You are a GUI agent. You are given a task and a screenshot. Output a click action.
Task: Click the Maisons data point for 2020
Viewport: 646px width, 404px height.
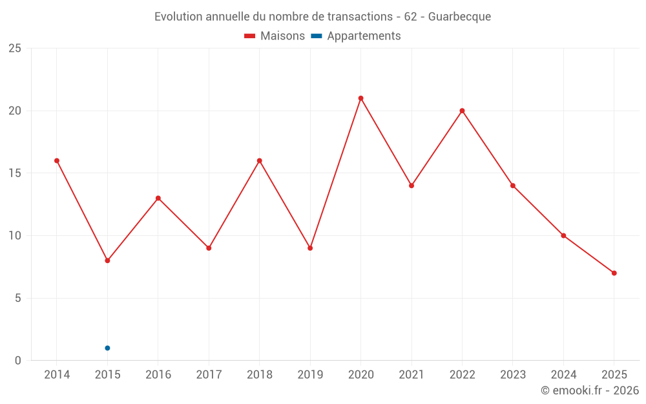(360, 98)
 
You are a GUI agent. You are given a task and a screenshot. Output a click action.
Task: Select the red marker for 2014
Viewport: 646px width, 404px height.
(57, 160)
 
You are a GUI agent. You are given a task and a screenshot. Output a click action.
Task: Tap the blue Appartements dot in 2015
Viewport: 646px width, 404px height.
(107, 348)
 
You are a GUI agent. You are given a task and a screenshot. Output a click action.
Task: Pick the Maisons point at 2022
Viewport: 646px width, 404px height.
(462, 111)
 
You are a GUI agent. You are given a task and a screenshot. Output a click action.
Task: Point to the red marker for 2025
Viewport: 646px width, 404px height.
(614, 273)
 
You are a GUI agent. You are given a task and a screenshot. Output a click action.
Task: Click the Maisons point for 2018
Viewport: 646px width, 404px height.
(260, 160)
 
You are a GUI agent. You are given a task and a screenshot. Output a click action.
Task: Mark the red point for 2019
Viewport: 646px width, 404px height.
(310, 248)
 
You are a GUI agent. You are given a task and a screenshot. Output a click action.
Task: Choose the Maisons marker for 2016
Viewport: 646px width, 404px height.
(158, 198)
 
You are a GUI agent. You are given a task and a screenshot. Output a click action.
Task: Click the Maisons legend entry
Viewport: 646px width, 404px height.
(275, 36)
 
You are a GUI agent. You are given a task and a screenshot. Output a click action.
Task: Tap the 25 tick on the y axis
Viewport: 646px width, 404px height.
(15, 48)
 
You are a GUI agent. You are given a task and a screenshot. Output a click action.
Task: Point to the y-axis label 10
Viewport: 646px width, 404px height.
(15, 235)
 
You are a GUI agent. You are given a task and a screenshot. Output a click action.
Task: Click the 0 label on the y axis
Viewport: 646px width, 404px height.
(18, 360)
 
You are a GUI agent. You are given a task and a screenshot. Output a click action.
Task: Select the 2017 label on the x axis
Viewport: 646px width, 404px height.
(209, 374)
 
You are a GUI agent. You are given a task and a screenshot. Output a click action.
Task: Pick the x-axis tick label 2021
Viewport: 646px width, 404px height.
(412, 374)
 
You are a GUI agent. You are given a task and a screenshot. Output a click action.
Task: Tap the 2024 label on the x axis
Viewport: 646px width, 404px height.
(563, 374)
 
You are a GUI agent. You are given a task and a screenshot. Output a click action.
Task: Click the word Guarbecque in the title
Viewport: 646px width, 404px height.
(459, 17)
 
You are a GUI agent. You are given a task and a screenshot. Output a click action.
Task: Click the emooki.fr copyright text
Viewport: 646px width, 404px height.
(590, 390)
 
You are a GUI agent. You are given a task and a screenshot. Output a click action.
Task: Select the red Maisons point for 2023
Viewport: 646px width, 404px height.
(513, 186)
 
